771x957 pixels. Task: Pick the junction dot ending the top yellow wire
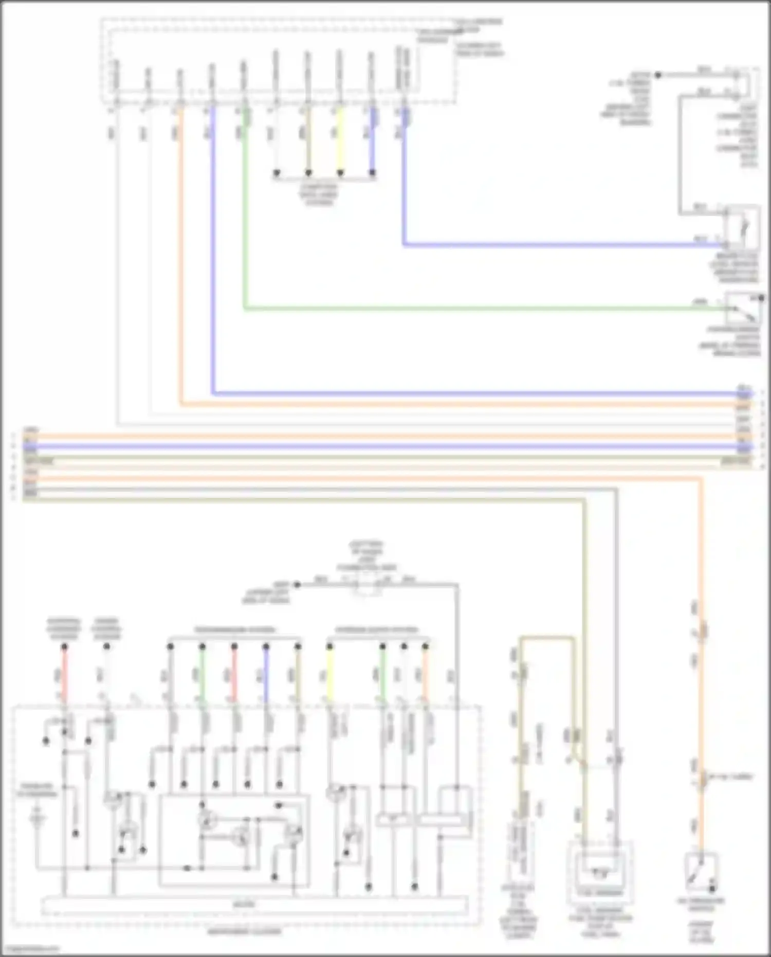coord(340,173)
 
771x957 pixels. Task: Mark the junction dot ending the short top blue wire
coord(372,173)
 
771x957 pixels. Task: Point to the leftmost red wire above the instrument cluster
coord(64,671)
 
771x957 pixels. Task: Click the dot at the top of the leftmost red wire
coord(64,646)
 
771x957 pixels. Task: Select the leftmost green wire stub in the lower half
coord(203,671)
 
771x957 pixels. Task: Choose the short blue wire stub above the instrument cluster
coord(266,671)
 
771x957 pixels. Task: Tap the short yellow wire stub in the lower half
coord(329,671)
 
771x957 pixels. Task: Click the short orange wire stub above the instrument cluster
coord(426,671)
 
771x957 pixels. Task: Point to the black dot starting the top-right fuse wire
coord(657,75)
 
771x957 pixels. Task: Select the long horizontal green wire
coord(478,309)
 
